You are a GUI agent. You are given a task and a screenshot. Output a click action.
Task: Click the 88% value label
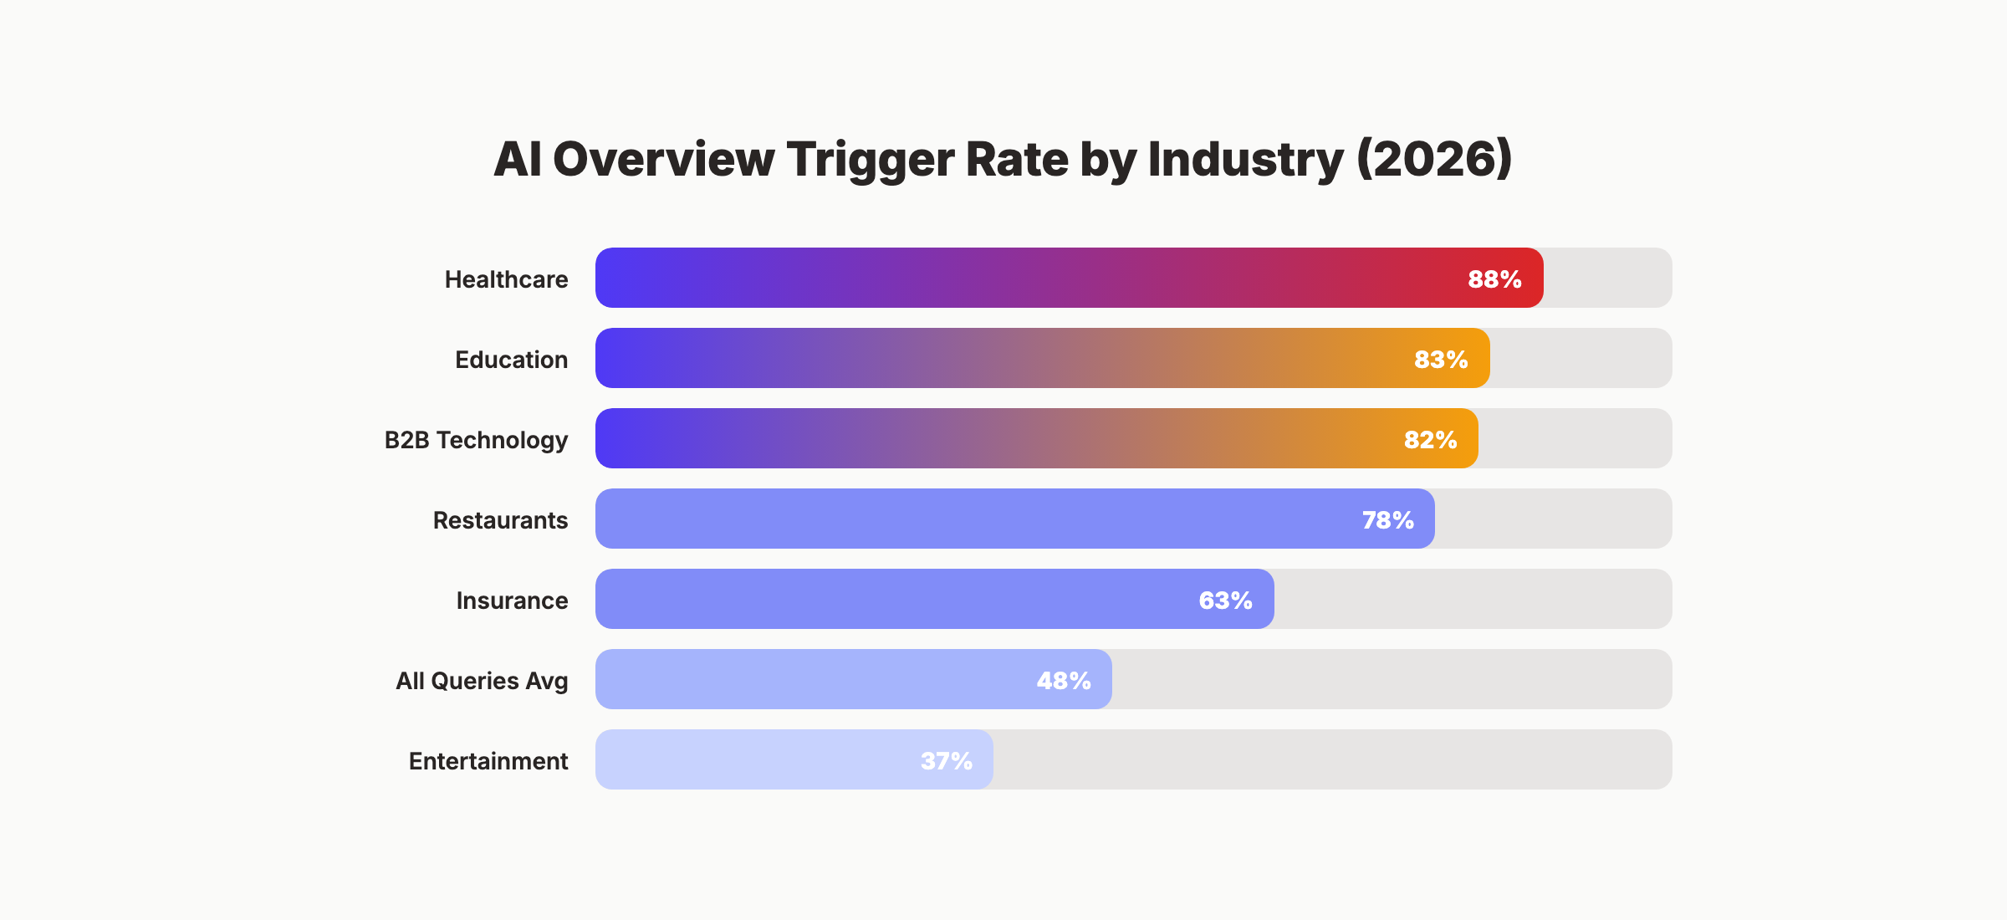[x=1494, y=279]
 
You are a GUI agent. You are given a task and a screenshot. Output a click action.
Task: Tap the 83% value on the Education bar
[x=1441, y=360]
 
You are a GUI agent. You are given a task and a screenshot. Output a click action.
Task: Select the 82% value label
[x=1430, y=440]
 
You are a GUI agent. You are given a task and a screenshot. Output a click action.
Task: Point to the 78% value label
[x=1387, y=520]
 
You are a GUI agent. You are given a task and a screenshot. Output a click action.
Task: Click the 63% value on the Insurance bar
[x=1225, y=601]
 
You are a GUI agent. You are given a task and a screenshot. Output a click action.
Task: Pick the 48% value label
[x=1064, y=681]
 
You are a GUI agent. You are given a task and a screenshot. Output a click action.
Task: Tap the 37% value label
[x=946, y=761]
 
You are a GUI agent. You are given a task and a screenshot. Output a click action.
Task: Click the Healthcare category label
[x=506, y=279]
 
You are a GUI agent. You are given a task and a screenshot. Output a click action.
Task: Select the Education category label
[x=511, y=360]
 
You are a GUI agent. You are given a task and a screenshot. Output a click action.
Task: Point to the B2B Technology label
[x=476, y=440]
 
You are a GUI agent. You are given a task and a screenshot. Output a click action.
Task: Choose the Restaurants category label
[x=500, y=520]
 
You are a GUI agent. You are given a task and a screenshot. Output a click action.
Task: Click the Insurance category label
[x=512, y=601]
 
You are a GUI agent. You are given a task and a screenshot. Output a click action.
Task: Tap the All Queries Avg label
[x=482, y=681]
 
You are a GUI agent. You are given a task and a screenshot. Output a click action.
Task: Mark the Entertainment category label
[x=488, y=761]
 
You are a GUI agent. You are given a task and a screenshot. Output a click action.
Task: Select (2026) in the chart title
[x=1433, y=159]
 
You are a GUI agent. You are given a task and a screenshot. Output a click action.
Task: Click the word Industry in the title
[x=1245, y=159]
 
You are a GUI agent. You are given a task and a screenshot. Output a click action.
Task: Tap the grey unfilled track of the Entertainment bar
[x=1330, y=759]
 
